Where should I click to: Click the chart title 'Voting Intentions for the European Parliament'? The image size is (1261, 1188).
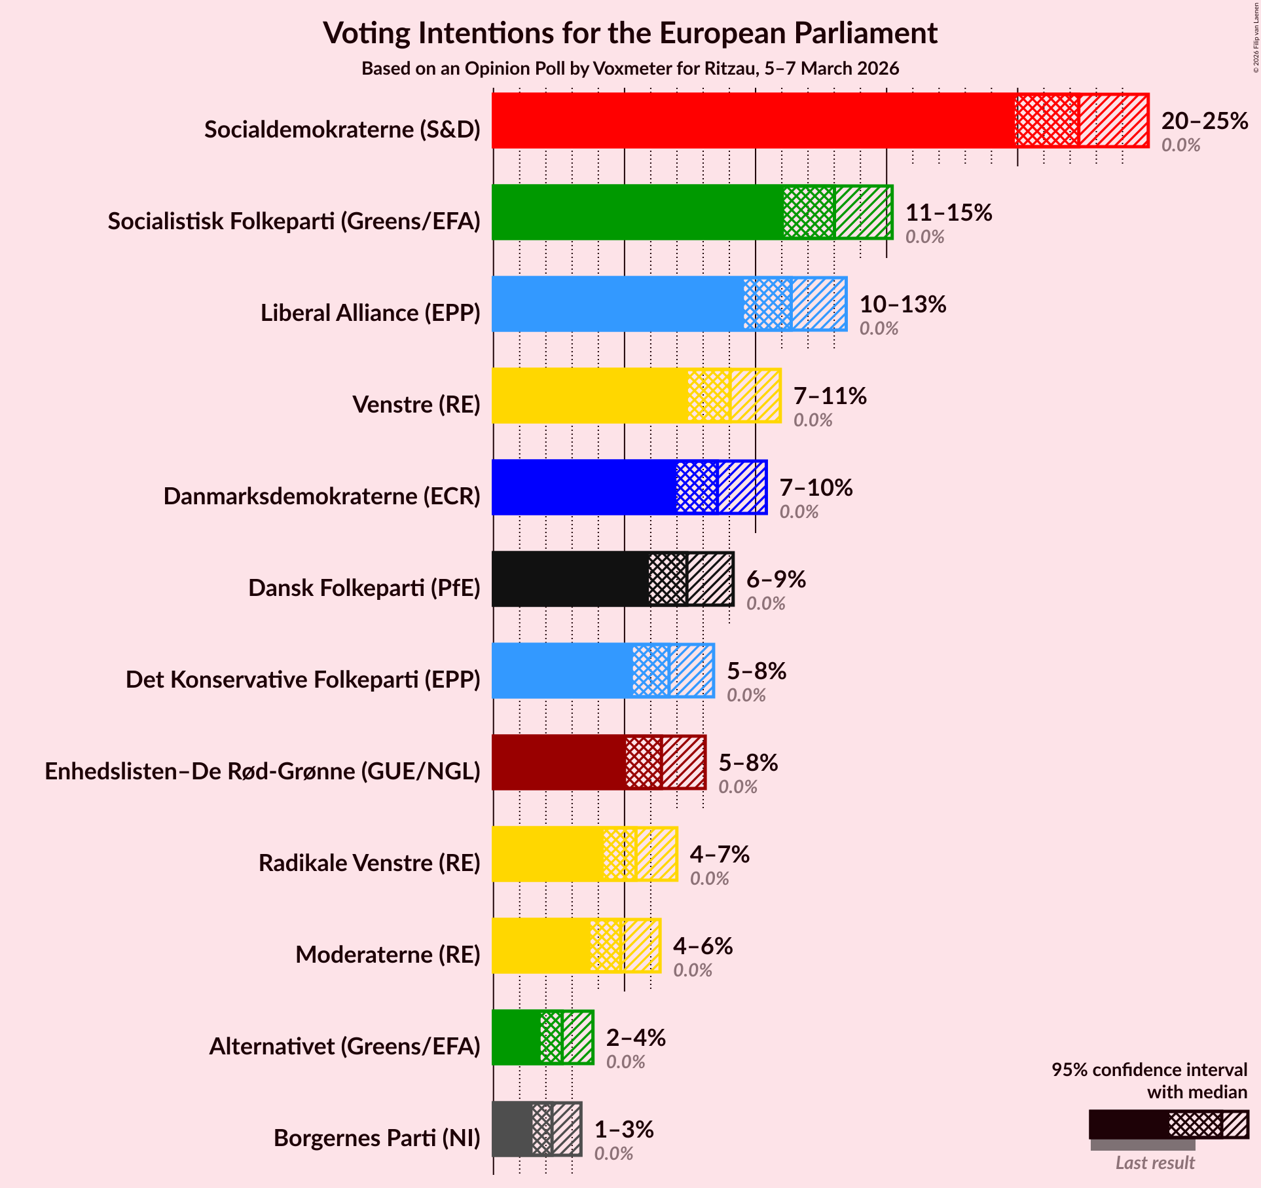point(630,33)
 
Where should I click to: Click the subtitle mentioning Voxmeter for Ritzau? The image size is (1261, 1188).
point(630,69)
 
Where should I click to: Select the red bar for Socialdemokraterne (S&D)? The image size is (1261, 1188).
point(753,121)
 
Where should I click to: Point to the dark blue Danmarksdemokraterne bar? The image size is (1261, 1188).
point(583,487)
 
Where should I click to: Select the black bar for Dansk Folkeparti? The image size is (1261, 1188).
point(570,579)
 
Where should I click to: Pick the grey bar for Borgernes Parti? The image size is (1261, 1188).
point(512,1129)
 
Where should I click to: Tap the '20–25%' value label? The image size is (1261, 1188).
point(1205,121)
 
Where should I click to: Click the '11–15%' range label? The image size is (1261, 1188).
point(949,213)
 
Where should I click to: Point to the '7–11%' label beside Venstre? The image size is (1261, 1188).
point(830,396)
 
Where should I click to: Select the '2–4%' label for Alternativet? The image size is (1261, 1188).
point(636,1038)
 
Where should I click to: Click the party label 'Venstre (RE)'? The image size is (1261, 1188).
point(416,405)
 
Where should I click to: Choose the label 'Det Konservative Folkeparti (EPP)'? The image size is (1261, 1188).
point(303,680)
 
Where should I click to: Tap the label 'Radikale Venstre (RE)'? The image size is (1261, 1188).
point(369,863)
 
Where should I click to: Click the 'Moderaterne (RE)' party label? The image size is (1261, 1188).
point(388,955)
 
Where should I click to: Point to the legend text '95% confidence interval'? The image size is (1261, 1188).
point(1149,1069)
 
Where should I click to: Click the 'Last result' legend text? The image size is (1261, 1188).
point(1155,1162)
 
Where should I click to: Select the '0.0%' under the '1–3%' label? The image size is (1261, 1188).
point(613,1153)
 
